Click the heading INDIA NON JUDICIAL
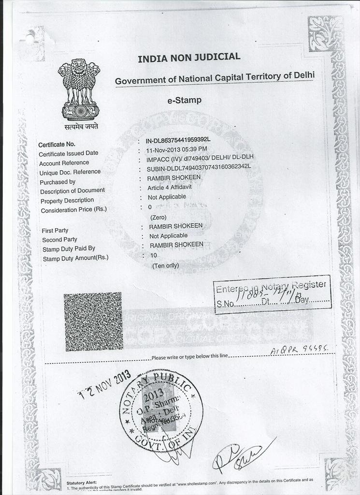point(189,58)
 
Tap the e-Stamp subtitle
point(184,101)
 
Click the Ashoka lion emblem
point(80,90)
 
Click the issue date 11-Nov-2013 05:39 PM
point(177,149)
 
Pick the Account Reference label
point(64,163)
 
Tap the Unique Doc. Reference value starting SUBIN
point(199,168)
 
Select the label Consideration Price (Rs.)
point(74,210)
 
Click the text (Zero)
point(158,218)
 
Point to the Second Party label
point(59,240)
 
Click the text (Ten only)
point(165,266)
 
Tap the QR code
point(94,321)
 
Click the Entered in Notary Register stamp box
point(272,295)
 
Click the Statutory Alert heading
point(82,483)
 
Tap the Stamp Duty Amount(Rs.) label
point(75,258)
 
